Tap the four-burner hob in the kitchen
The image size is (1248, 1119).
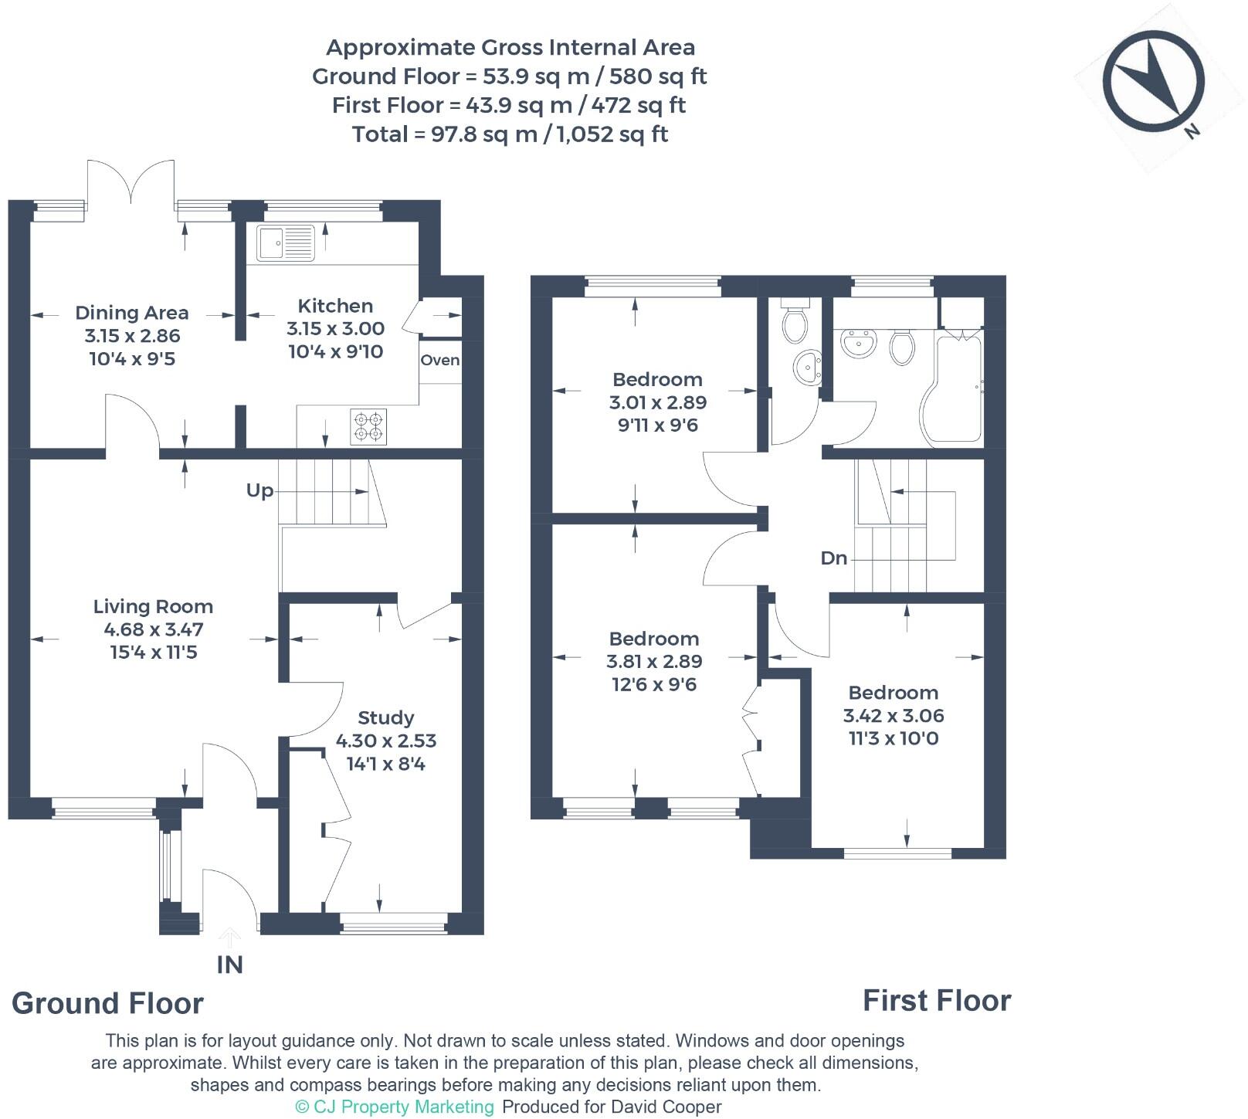[x=368, y=426]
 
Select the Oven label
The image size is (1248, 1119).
[x=440, y=361]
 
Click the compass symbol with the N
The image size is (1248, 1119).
[x=1153, y=80]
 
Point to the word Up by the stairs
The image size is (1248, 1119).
[x=259, y=491]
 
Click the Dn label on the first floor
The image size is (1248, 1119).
[x=834, y=558]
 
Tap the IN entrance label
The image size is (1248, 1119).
[x=229, y=965]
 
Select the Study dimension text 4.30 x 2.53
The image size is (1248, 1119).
[x=385, y=741]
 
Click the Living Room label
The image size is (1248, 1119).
[x=153, y=607]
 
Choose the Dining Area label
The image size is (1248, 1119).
[x=131, y=314]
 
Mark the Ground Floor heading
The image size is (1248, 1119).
[x=107, y=1003]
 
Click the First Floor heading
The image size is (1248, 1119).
[x=936, y=1001]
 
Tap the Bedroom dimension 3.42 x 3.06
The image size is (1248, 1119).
[x=893, y=716]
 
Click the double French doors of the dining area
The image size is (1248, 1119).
[x=131, y=181]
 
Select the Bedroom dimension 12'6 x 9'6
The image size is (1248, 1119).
[x=653, y=685]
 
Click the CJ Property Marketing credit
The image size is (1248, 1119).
[x=395, y=1107]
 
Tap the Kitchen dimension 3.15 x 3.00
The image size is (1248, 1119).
[x=335, y=329]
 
